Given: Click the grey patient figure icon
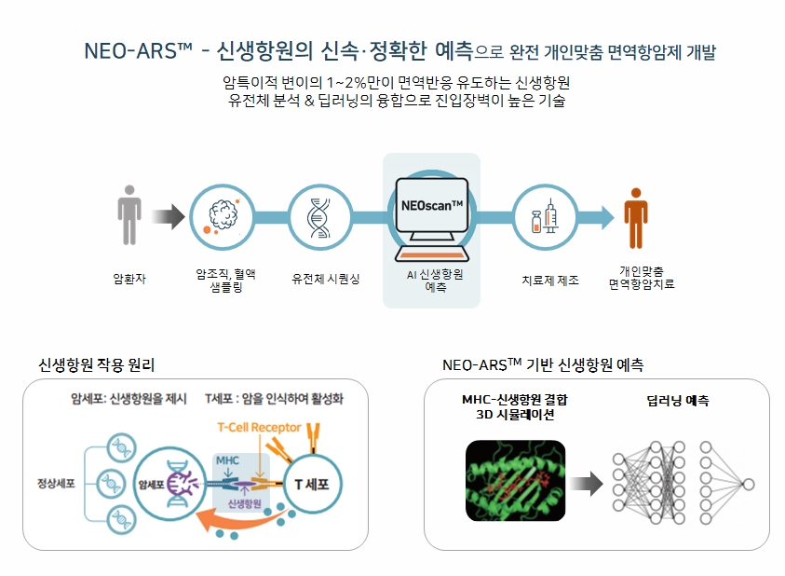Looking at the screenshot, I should tap(129, 216).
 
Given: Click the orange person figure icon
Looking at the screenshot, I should tap(635, 217).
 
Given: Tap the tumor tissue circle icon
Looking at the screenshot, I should tap(223, 216).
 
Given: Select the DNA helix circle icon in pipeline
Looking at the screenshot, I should tap(319, 217).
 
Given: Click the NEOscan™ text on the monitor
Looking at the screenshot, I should tap(431, 204).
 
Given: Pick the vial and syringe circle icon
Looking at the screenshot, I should tap(544, 217).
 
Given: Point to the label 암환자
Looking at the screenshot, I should tap(129, 278).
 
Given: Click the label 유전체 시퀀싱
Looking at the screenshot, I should tap(325, 278).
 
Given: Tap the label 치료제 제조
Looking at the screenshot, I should tap(549, 279).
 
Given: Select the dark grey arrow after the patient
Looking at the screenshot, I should tap(169, 217).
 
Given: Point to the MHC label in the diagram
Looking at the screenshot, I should tap(226, 459).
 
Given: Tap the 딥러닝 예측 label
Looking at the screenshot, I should tap(677, 400).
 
